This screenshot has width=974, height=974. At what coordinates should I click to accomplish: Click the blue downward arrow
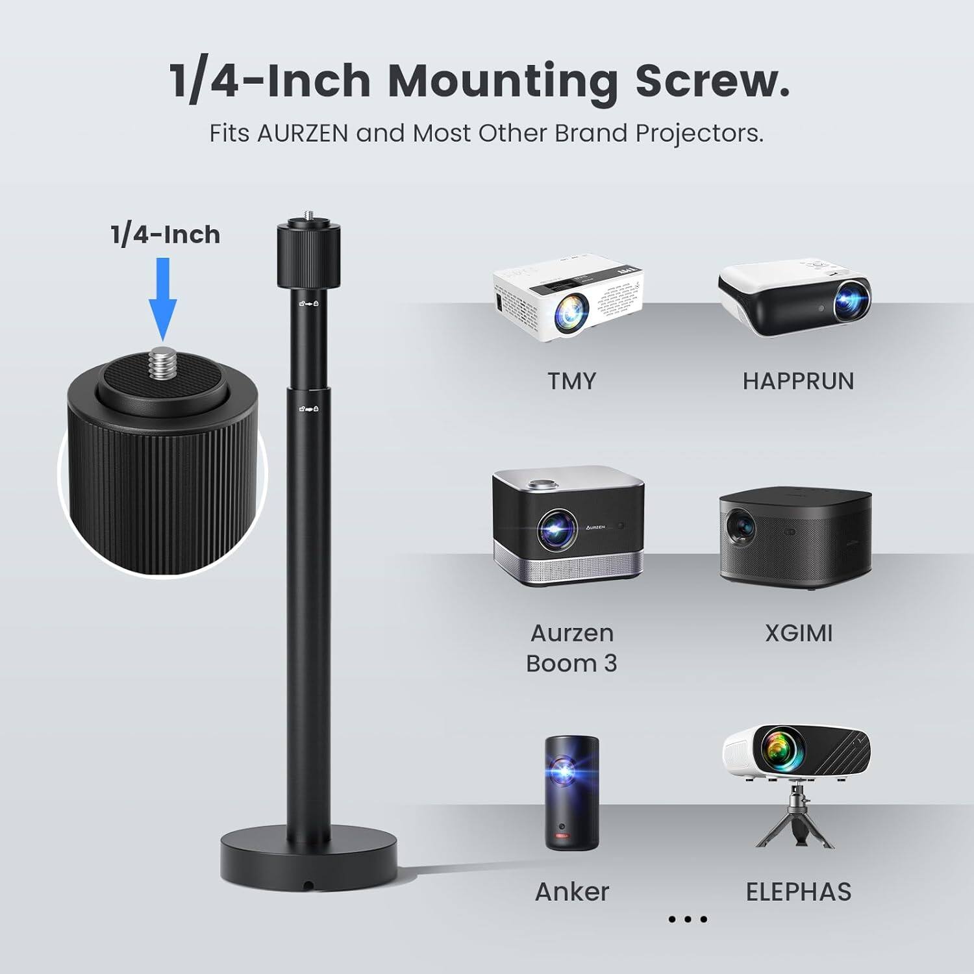pyautogui.click(x=162, y=299)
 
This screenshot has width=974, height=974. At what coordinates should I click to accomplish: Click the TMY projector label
pyautogui.click(x=571, y=381)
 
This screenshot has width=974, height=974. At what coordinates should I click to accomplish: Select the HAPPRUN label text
pyautogui.click(x=798, y=381)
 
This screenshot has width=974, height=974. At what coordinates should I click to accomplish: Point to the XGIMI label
pyautogui.click(x=798, y=633)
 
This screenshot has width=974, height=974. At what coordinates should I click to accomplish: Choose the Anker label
pyautogui.click(x=571, y=892)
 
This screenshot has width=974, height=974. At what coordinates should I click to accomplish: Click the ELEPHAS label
pyautogui.click(x=798, y=892)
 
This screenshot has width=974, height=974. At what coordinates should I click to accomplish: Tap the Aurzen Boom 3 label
pyautogui.click(x=571, y=648)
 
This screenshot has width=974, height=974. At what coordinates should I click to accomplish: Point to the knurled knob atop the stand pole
pyautogui.click(x=308, y=255)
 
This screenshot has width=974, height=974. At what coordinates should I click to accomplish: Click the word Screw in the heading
pyautogui.click(x=712, y=82)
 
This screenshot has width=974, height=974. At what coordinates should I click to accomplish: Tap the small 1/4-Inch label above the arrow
pyautogui.click(x=165, y=234)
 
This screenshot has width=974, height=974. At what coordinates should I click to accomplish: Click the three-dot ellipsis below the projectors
pyautogui.click(x=687, y=919)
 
